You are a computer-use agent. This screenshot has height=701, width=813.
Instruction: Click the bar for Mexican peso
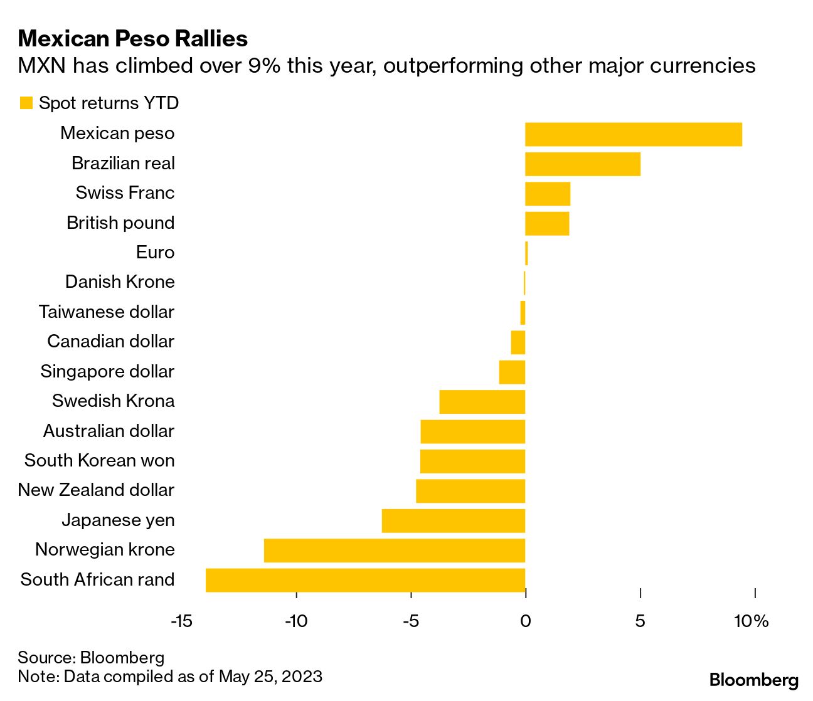[633, 134]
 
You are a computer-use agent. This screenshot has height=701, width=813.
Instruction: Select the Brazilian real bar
[582, 164]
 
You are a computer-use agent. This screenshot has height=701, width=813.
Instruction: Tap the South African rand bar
[365, 580]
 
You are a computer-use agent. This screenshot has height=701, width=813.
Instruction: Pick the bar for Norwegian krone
[394, 551]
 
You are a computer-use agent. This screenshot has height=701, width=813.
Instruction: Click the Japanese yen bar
[453, 521]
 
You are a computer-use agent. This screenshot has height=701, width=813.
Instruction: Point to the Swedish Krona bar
[482, 402]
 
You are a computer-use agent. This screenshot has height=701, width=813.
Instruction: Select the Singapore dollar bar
[512, 372]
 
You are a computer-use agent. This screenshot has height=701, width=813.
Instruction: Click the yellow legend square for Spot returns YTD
[26, 103]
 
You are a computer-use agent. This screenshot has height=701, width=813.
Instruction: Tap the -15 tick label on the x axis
[181, 621]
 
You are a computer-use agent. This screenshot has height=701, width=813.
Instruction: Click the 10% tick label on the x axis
[751, 621]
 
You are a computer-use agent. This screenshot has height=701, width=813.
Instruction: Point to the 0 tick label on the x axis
[525, 621]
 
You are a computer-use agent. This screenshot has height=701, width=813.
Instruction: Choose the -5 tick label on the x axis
[410, 621]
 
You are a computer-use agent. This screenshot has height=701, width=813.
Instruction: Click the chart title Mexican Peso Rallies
[133, 39]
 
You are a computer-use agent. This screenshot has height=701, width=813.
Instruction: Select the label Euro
[155, 253]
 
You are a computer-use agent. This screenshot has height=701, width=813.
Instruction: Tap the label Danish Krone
[120, 282]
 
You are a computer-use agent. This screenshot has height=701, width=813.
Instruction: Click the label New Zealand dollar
[96, 490]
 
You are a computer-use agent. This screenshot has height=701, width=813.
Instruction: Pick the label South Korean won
[99, 461]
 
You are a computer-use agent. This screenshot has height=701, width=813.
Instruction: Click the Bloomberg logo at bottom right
[753, 680]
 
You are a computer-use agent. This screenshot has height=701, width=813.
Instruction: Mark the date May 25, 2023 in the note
[270, 677]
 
